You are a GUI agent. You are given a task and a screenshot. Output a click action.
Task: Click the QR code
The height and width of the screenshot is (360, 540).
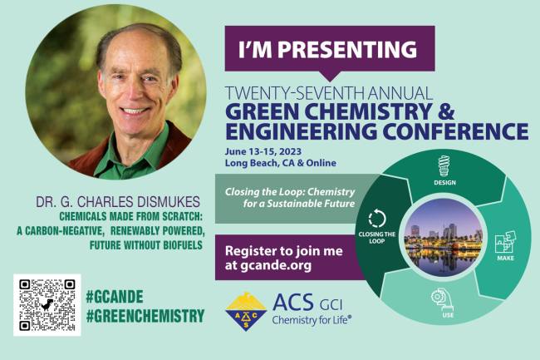pos(47,305)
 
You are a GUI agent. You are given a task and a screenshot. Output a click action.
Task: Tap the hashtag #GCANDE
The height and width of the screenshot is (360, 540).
pos(115,297)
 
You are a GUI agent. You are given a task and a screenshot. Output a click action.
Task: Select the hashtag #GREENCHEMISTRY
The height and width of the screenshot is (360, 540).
pos(145,316)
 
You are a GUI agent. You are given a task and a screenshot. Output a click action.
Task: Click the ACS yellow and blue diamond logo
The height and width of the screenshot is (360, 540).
pos(246,312)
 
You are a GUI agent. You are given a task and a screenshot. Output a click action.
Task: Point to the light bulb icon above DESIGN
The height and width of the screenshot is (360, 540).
pos(444,166)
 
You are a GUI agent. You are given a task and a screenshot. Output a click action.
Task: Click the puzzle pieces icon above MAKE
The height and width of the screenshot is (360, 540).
pos(505,242)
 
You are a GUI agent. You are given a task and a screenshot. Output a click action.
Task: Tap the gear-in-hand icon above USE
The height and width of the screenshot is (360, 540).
pos(442,299)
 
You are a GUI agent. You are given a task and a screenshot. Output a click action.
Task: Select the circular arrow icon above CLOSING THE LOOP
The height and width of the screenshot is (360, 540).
pos(377,218)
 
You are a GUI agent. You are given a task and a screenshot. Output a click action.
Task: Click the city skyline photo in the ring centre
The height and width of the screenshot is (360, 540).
pos(443,238)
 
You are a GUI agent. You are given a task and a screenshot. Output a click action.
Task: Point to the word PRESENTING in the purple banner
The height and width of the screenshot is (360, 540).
pos(347,49)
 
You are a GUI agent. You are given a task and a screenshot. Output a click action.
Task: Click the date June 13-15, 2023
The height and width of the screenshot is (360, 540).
pos(263,151)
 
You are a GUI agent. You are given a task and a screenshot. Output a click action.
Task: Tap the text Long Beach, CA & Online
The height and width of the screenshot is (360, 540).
pos(280,163)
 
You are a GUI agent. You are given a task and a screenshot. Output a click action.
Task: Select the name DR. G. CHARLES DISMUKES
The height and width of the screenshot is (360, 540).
pos(118,202)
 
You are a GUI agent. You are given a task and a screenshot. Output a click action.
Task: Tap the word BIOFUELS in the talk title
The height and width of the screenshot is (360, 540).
pos(183,245)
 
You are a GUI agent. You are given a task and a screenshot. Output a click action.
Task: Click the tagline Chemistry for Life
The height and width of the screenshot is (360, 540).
pos(312,320)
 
